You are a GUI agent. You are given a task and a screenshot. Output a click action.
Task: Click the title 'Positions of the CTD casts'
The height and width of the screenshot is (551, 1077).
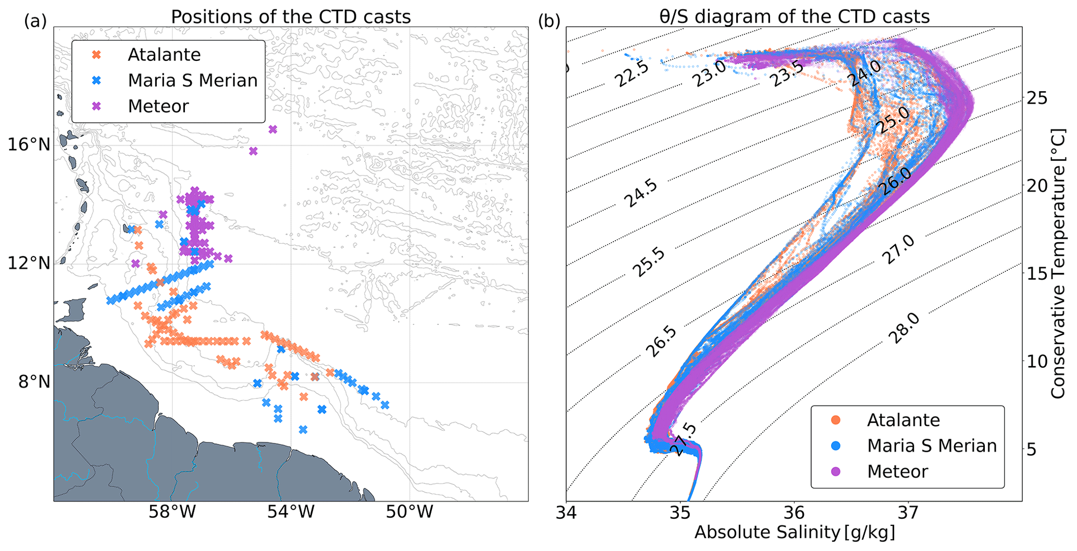pos(291,17)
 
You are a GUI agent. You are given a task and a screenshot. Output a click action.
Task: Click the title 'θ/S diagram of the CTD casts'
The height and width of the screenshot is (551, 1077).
pos(794,17)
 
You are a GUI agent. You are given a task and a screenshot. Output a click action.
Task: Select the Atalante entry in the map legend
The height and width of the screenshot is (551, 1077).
pos(164,55)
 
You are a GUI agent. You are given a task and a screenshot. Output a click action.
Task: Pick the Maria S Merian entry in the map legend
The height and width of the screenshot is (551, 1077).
pos(192,81)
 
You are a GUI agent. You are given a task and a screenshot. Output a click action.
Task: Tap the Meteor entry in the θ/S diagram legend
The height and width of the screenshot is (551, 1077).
pos(897,472)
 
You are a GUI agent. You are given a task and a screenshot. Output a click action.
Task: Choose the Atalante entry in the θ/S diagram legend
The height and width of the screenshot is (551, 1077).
pos(903,420)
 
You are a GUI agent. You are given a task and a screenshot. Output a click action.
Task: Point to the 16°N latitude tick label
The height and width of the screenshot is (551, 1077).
pos(29,145)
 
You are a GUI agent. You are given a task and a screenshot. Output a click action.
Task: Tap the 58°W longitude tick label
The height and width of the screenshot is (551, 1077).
pos(172,513)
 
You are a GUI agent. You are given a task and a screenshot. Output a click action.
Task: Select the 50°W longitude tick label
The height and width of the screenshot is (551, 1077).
pos(410,513)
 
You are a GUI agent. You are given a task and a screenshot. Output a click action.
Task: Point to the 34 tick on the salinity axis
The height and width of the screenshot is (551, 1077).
pos(566,513)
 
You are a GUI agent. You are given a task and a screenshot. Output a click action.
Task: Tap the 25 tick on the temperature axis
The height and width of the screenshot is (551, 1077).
pos(1035,98)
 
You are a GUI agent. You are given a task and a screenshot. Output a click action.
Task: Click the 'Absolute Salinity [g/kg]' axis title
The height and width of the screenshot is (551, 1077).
pos(794,533)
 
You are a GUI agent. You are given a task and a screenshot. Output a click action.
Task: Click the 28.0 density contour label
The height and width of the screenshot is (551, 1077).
pos(905,328)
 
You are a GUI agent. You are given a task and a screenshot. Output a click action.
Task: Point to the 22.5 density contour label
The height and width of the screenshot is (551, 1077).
pos(632,73)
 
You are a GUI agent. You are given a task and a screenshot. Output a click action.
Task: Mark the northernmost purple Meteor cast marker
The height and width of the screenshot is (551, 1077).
pos(273,129)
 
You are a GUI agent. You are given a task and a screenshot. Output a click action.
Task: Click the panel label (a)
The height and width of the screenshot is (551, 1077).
pos(35,21)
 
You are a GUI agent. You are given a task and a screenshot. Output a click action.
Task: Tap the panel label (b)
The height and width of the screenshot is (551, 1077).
pos(549,21)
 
